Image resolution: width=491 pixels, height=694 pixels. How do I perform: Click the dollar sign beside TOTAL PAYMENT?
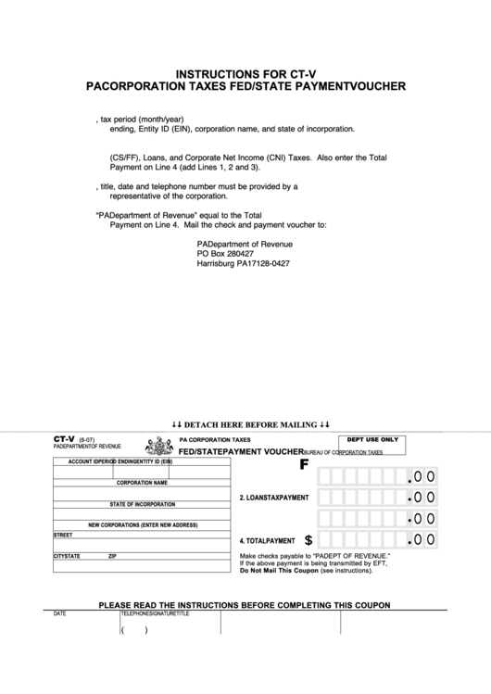click(x=308, y=538)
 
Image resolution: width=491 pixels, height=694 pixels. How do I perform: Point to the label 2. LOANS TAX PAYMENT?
click(x=274, y=498)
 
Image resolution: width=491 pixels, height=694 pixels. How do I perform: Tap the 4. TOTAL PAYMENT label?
click(x=268, y=540)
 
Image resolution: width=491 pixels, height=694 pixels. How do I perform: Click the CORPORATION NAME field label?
click(x=142, y=483)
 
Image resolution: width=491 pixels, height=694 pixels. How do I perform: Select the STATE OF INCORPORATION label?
click(x=142, y=504)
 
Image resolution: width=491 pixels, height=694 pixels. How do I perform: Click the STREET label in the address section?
click(x=63, y=535)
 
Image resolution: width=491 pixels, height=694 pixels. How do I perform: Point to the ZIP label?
click(x=112, y=556)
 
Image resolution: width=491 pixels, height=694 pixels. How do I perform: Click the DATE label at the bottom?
click(x=60, y=613)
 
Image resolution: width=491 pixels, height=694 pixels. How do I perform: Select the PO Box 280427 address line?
click(x=225, y=253)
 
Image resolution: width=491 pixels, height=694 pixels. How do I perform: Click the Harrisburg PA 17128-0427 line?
click(x=243, y=263)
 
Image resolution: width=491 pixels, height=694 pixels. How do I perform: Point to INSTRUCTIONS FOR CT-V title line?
click(x=245, y=71)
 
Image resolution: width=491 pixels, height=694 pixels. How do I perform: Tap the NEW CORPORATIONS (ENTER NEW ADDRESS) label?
click(x=143, y=524)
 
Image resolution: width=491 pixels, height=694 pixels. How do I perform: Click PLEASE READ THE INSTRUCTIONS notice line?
click(x=245, y=604)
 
